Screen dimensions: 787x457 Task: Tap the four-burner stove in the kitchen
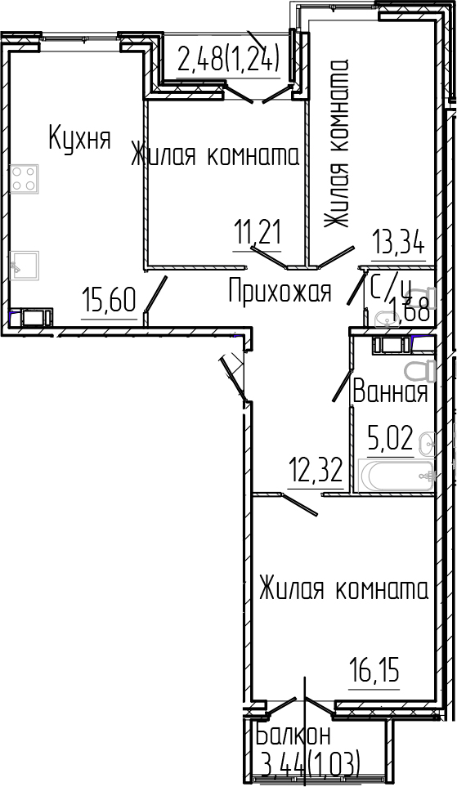pos(25,178)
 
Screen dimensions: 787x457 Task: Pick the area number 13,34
pos(398,244)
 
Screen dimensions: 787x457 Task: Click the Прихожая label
pos(280,290)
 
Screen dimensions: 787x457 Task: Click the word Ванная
pos(390,393)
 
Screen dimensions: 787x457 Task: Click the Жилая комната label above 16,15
pos(343,589)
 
